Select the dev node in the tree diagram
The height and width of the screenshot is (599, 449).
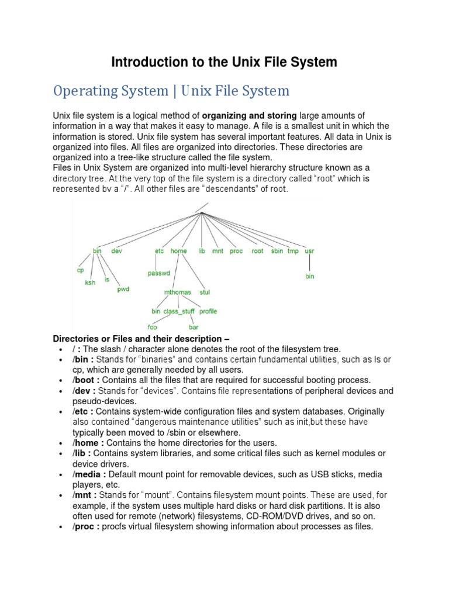tap(116, 251)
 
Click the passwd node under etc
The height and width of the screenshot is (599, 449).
tap(158, 273)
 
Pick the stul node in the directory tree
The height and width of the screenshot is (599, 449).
tap(205, 291)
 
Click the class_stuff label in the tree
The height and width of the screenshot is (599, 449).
tap(179, 311)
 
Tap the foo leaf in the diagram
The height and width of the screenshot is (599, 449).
tap(156, 328)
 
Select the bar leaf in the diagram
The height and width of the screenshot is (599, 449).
tap(193, 328)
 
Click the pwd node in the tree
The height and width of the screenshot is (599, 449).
tap(123, 289)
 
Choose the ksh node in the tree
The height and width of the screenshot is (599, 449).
tap(90, 283)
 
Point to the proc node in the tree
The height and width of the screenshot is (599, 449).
tap(236, 251)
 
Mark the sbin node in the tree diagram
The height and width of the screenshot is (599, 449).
tap(277, 251)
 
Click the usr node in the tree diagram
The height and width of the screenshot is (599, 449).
tap(310, 251)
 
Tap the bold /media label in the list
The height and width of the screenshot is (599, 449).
tap(88, 474)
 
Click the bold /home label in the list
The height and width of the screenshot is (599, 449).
tap(87, 443)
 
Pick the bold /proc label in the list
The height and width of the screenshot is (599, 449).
tap(86, 526)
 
